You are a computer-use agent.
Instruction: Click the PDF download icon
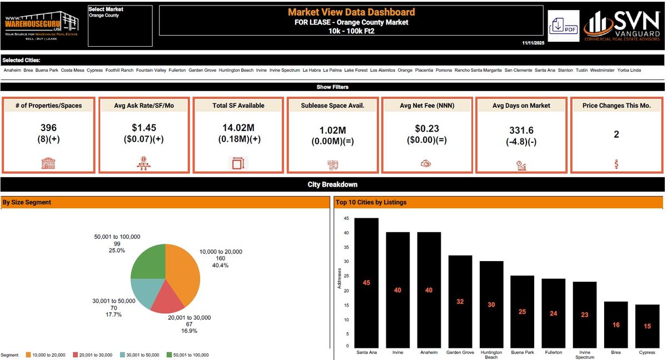pos(563,26)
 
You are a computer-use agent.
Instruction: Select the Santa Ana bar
pos(366,282)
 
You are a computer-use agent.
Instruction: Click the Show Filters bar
pos(332,87)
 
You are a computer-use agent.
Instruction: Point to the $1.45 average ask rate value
pos(144,128)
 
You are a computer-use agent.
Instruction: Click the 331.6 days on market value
pos(521,131)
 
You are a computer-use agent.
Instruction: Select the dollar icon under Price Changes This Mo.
pos(616,164)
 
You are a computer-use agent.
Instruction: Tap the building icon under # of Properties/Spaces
pos(49,164)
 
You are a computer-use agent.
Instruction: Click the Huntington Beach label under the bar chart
pos(491,354)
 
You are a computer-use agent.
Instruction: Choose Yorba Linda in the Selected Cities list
pos(629,71)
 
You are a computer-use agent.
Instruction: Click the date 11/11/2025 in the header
pos(534,43)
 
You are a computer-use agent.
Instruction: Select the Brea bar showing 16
pos(616,324)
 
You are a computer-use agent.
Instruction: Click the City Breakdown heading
pos(332,184)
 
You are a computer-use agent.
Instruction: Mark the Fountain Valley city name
pos(151,71)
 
